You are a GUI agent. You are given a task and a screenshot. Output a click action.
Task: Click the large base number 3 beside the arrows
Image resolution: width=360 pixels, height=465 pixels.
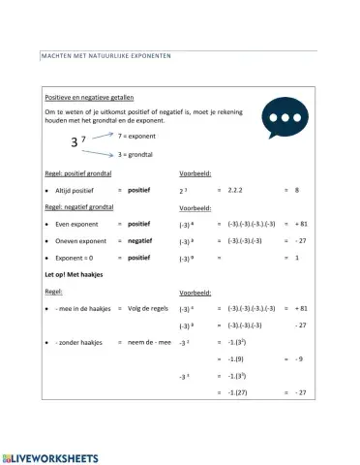point(75,145)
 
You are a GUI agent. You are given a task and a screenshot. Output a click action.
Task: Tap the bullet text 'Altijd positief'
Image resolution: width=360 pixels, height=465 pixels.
point(78,191)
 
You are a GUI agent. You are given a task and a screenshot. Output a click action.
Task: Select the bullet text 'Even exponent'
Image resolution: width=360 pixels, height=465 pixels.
point(79,225)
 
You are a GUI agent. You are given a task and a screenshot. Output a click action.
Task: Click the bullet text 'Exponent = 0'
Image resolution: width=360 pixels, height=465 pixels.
point(78,259)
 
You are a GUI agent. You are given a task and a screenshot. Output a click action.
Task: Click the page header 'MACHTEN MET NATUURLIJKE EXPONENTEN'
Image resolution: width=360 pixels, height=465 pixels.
point(105,55)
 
